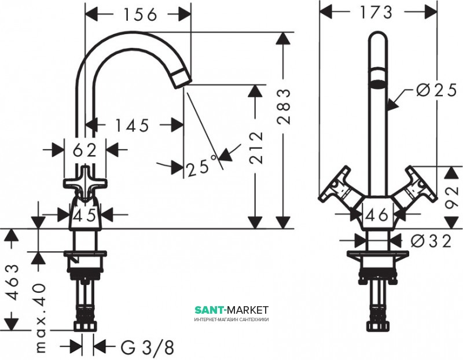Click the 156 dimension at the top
[x=140, y=14]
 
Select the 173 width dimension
[x=376, y=12]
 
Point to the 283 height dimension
[x=284, y=106]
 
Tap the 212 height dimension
[x=256, y=148]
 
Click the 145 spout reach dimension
[x=132, y=126]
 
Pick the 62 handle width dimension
[x=84, y=150]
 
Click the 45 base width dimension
[x=84, y=215]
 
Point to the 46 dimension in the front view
[x=377, y=215]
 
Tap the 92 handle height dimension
[x=452, y=197]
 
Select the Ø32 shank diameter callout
[x=431, y=241]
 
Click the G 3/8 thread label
[x=147, y=347]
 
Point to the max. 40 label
[x=40, y=318]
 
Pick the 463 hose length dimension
[x=12, y=282]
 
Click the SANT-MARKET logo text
[x=231, y=310]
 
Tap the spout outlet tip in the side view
[x=181, y=80]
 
